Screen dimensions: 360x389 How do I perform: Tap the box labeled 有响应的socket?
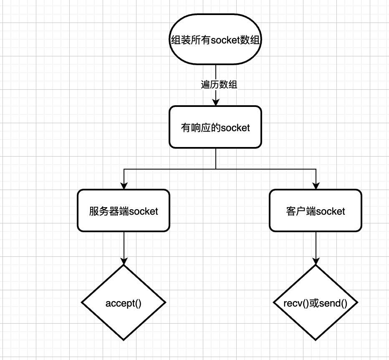215,127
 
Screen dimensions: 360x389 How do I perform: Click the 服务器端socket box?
124,210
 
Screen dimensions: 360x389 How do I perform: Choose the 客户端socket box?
316,210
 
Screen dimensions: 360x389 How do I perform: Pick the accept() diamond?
124,302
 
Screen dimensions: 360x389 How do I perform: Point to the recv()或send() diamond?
316,302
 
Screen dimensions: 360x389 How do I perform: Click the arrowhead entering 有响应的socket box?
215,102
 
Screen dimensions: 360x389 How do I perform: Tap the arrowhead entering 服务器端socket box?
124,186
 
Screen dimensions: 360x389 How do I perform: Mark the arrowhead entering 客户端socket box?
316,186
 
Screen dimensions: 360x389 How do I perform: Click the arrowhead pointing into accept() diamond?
124,261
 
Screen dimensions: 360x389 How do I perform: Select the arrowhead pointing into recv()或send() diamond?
316,261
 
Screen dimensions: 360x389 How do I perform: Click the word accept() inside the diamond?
124,303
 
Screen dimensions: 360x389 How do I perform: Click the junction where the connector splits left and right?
215,169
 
